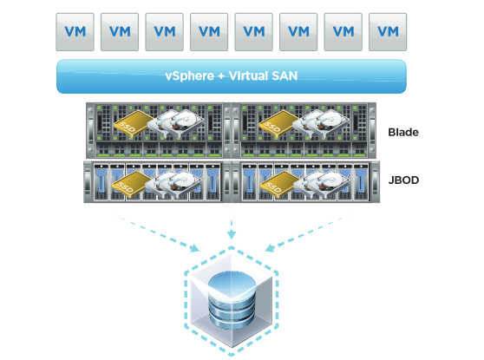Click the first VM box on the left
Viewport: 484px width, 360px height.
pyautogui.click(x=75, y=32)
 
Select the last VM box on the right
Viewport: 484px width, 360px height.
pyautogui.click(x=388, y=32)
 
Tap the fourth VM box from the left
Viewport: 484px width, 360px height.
pyautogui.click(x=209, y=32)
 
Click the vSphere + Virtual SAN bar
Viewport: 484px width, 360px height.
pyautogui.click(x=232, y=76)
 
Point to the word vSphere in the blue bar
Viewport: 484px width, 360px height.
pyautogui.click(x=190, y=76)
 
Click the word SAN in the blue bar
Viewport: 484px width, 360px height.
pyautogui.click(x=285, y=76)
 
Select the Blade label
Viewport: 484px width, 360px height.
pyautogui.click(x=403, y=132)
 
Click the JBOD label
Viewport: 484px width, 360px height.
pyautogui.click(x=403, y=180)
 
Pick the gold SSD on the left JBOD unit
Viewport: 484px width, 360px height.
pyautogui.click(x=132, y=184)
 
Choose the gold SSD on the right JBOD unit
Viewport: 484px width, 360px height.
pyautogui.click(x=279, y=184)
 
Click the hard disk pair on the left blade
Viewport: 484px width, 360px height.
pyautogui.click(x=176, y=123)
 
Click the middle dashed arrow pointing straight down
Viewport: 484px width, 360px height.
pyautogui.click(x=232, y=226)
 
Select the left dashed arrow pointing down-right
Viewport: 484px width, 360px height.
pyautogui.click(x=160, y=234)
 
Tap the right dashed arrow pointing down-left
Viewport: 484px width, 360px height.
pyautogui.click(x=304, y=234)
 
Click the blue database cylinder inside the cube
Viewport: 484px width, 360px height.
pyautogui.click(x=232, y=299)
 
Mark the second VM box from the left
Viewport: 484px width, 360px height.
pyautogui.click(x=120, y=32)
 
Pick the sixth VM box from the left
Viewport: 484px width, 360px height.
pyautogui.click(x=298, y=32)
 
